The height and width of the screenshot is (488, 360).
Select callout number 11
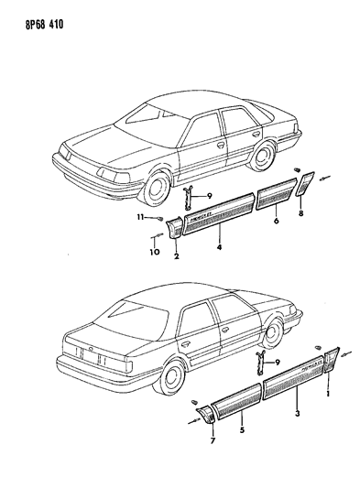tap(141, 218)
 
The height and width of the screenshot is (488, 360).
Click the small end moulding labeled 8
tap(307, 186)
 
